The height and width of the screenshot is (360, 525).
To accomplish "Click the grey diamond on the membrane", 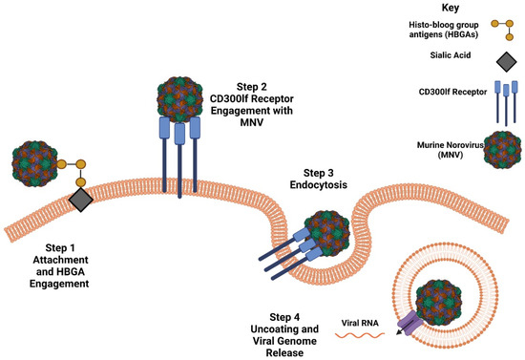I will [x=80, y=200].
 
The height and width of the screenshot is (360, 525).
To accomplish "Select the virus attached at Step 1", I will [x=34, y=166].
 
